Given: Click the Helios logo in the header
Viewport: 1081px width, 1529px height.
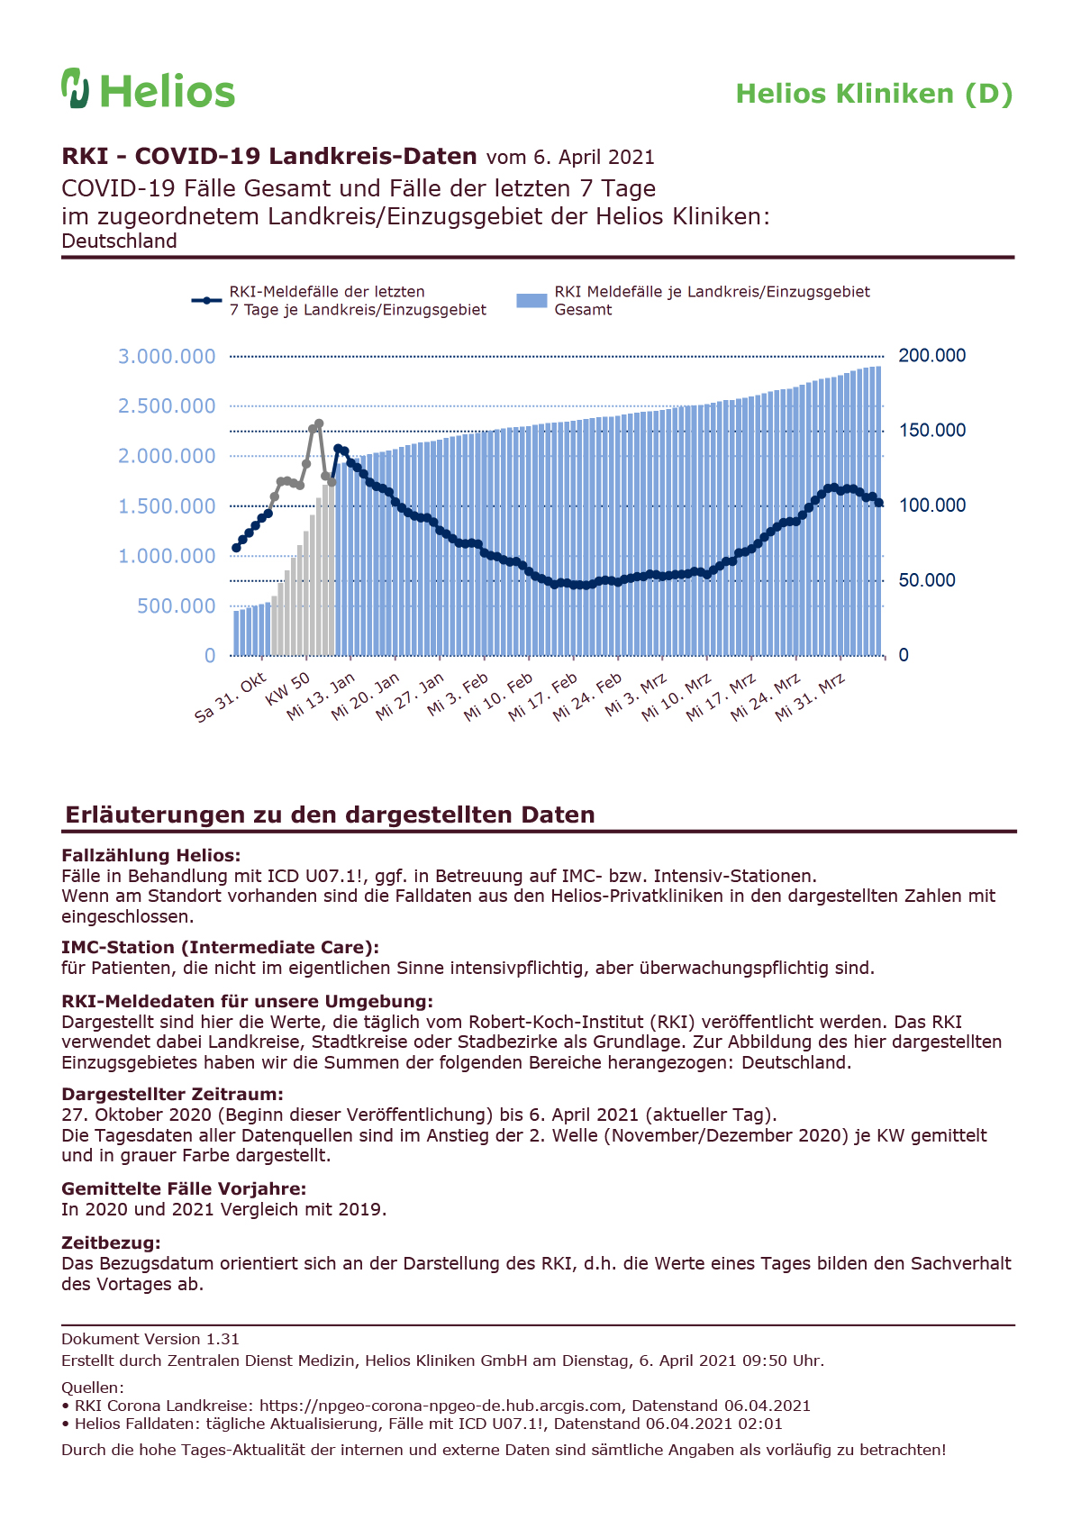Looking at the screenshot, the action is point(148,88).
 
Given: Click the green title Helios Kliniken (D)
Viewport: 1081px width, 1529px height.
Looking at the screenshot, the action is point(874,95).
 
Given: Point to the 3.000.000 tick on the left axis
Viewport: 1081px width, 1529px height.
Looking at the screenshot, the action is point(167,356).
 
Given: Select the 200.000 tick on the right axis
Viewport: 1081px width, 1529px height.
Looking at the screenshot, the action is point(931,356).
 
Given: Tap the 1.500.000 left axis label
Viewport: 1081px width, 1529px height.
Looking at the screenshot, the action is point(167,505).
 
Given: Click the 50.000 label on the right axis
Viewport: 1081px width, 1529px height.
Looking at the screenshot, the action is point(926,580).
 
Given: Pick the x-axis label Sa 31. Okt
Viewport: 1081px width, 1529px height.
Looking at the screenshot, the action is point(230,696).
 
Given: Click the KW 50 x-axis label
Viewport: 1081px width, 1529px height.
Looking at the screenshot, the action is point(287,688).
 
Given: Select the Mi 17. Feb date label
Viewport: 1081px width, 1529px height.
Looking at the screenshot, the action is point(542,696).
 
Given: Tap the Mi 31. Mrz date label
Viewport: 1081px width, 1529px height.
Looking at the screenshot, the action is point(810,696).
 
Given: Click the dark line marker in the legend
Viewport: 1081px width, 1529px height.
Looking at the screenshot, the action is point(206,301).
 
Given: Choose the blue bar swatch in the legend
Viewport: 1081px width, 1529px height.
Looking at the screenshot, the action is point(531,301).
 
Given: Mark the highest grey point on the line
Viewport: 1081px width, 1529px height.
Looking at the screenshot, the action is point(319,423).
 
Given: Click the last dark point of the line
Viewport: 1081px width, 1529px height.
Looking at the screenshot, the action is point(879,503).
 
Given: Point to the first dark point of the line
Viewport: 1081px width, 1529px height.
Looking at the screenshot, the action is point(236,548).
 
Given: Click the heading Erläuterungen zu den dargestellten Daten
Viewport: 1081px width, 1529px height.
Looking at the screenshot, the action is point(330,815).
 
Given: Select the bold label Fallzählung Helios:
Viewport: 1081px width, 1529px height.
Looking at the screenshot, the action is point(150,855).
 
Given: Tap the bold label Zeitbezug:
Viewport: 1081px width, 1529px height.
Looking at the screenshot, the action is point(111,1242).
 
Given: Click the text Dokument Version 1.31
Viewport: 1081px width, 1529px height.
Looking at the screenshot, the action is point(150,1339).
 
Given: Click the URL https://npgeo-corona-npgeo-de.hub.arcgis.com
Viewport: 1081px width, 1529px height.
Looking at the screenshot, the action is point(441,1406).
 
